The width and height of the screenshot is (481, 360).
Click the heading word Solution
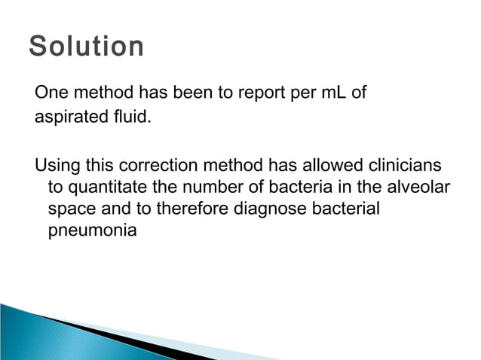(x=86, y=47)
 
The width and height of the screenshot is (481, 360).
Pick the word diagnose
(x=267, y=208)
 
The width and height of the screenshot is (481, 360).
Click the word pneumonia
(x=92, y=230)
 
